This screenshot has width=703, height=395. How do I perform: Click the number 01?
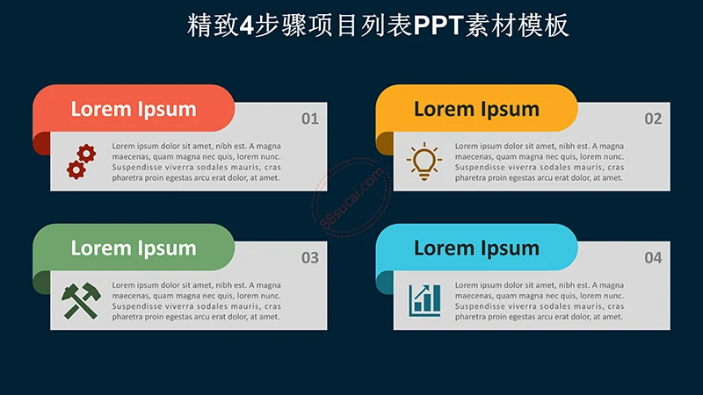point(309,118)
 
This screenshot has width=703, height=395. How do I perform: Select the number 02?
point(652,118)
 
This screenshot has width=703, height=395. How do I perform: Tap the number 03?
point(309,258)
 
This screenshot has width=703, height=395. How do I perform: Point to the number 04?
point(652,258)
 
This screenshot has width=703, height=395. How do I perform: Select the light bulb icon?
point(424,162)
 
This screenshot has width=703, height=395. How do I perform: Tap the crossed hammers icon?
point(80,300)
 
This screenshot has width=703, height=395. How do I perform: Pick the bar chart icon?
point(424,300)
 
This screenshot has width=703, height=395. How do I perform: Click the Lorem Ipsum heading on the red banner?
point(133,109)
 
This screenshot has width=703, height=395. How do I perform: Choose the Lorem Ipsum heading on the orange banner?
point(476,109)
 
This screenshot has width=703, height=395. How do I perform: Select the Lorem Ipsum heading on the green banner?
point(133,248)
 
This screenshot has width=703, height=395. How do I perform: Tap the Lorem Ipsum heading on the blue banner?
point(476,248)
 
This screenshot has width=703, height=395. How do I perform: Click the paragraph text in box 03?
point(196,300)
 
